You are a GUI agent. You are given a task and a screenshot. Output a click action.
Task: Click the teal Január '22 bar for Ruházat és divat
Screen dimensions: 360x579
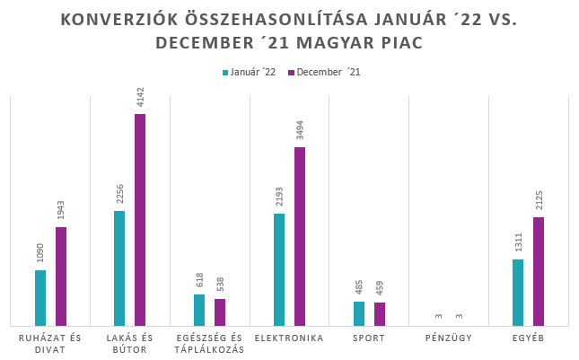click(x=40, y=297)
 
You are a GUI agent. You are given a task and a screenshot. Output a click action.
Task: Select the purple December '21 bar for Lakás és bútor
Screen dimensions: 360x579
click(x=140, y=220)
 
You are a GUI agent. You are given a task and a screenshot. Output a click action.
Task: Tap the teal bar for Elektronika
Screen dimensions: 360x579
click(x=279, y=269)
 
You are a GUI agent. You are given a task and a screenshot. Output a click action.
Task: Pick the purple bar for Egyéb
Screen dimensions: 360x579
click(x=539, y=271)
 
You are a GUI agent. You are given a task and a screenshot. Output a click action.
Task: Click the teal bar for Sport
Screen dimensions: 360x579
click(x=359, y=313)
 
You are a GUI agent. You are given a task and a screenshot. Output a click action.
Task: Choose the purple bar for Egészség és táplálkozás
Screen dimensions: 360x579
click(x=220, y=312)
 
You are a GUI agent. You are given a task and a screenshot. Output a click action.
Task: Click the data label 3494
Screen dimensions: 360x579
click(x=300, y=128)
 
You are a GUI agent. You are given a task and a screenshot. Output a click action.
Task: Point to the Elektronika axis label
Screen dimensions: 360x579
click(x=289, y=338)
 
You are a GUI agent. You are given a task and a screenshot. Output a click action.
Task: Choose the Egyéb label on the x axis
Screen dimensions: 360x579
click(x=528, y=338)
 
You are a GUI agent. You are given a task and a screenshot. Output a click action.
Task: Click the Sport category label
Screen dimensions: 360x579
click(x=369, y=338)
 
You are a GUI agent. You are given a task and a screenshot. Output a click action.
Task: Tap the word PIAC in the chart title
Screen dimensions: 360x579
click(x=397, y=42)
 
